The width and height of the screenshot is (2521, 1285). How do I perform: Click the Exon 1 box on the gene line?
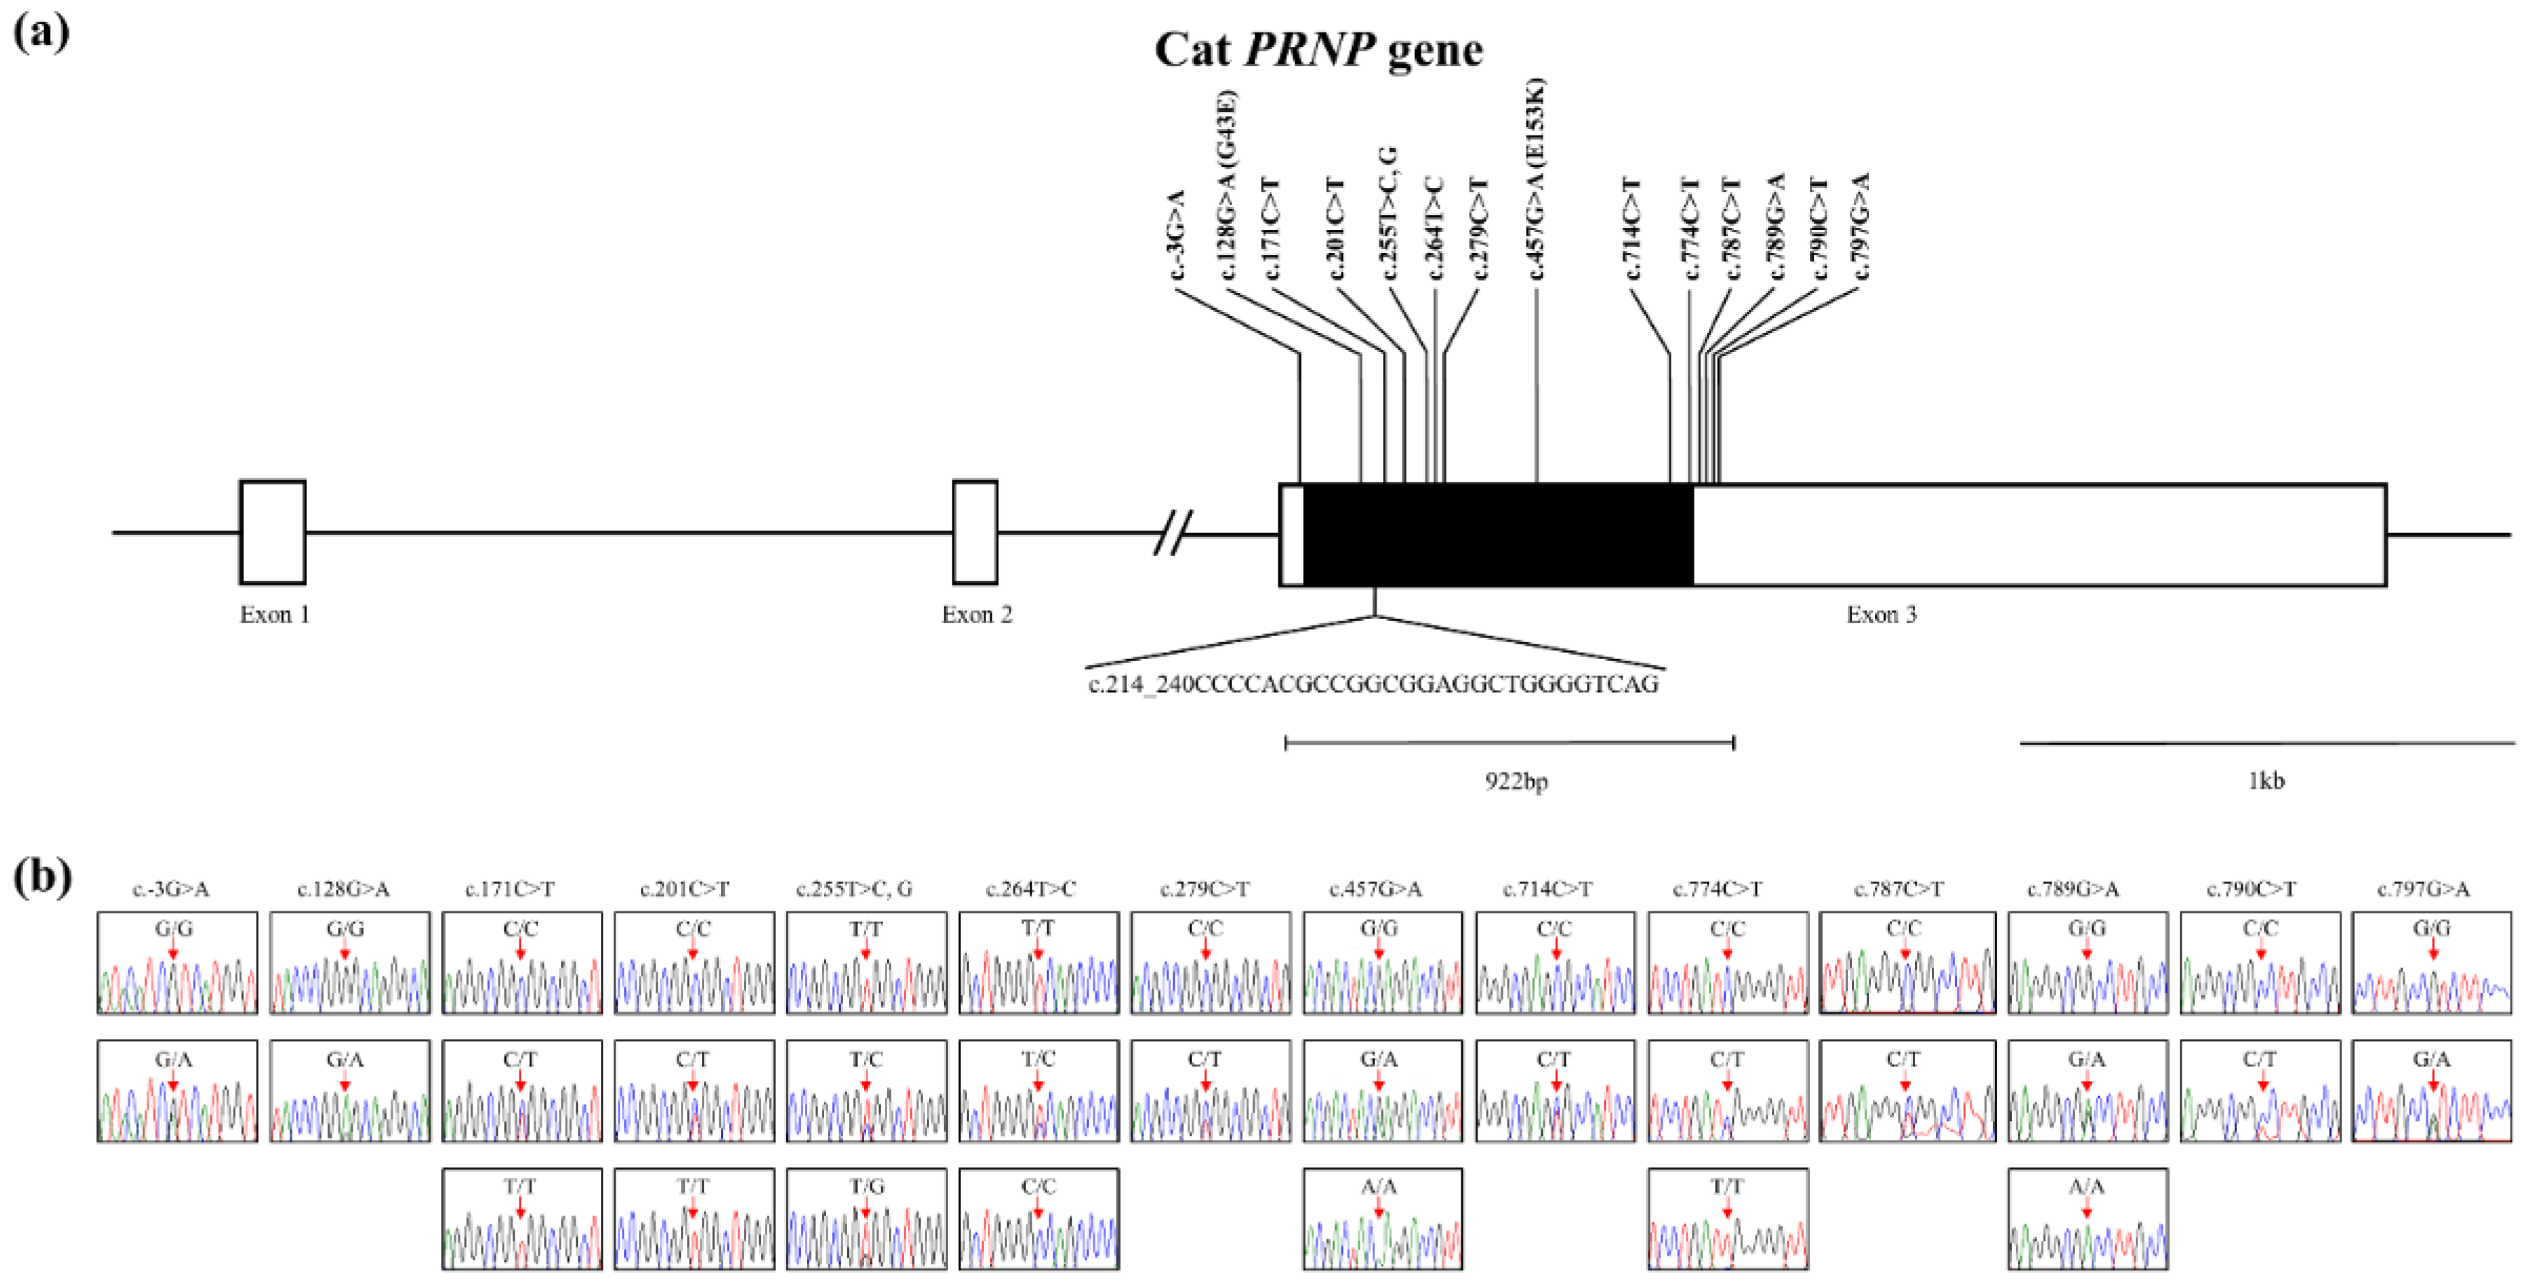[x=272, y=531]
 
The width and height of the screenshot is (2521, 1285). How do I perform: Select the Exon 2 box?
[x=975, y=531]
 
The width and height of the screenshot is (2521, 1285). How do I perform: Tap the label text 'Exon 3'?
[x=1881, y=615]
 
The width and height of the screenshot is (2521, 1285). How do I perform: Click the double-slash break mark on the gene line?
[x=1172, y=533]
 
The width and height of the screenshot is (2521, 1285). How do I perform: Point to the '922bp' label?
[x=1516, y=781]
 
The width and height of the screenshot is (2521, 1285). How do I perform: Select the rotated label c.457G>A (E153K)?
[x=1536, y=179]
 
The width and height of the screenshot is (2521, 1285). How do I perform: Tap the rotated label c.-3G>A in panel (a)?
[x=1177, y=235]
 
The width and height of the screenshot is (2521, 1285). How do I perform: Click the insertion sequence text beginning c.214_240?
[x=1373, y=684]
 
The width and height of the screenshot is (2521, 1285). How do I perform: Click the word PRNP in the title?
[x=1309, y=49]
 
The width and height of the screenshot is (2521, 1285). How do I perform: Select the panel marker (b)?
[x=42, y=877]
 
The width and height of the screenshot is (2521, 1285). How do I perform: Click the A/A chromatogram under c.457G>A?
[x=1382, y=1218]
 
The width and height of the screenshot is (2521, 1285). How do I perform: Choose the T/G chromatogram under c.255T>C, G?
[x=866, y=1218]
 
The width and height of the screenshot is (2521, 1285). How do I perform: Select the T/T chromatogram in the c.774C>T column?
[x=1727, y=1218]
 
